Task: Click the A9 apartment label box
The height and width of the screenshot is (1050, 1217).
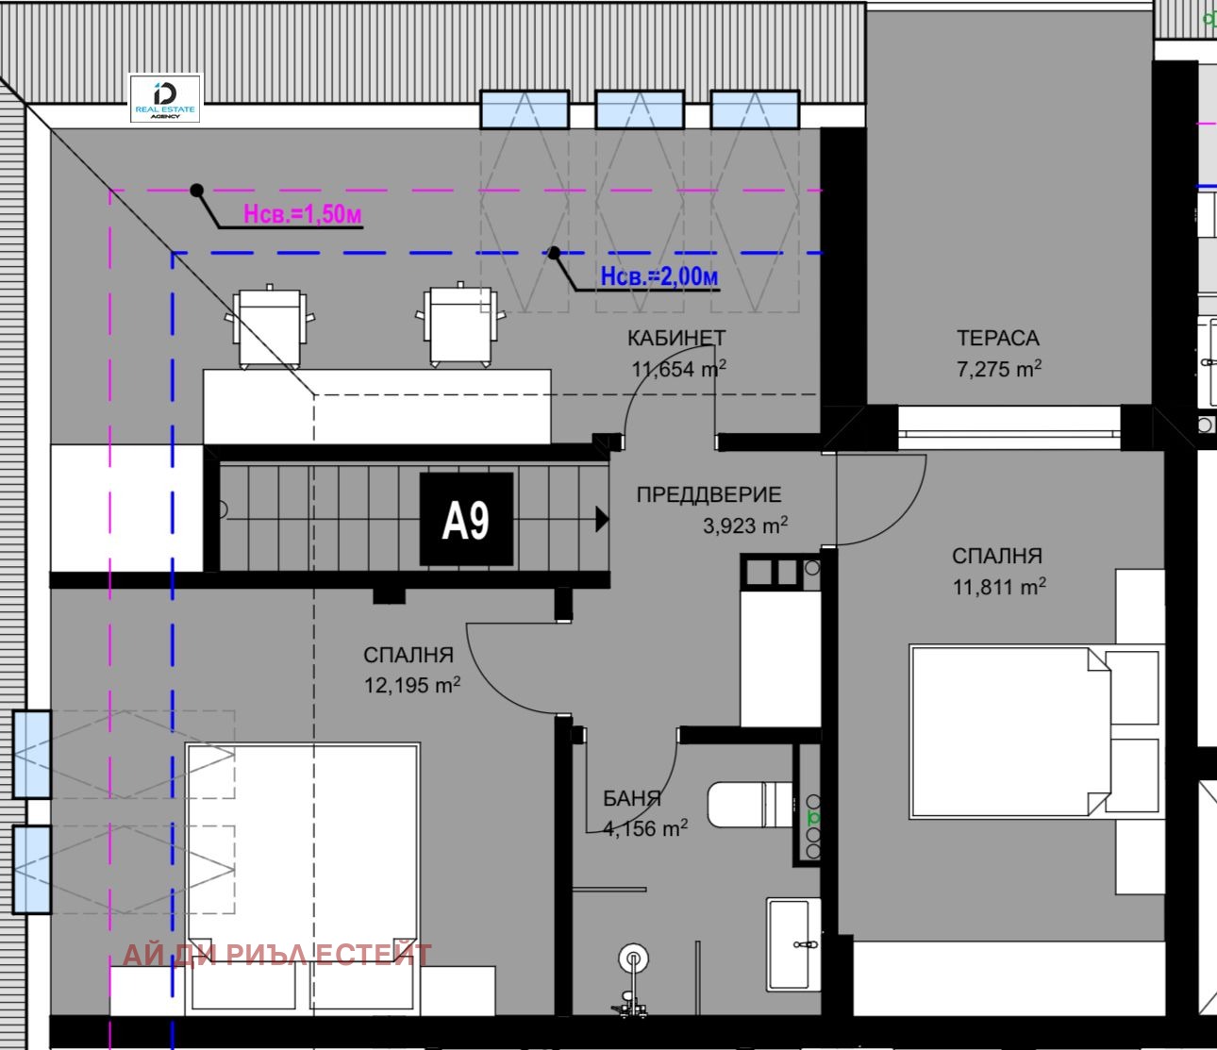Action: [466, 519]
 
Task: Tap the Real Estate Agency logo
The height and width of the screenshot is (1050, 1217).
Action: [165, 98]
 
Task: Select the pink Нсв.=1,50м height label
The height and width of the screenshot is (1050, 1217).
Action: [303, 214]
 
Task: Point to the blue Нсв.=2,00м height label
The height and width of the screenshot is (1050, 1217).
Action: [659, 276]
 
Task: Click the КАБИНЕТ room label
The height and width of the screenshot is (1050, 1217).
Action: [675, 338]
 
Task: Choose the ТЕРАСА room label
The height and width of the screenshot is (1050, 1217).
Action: [998, 338]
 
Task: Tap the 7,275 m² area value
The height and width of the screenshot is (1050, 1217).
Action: [998, 369]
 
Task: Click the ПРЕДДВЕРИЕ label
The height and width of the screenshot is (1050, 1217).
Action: [709, 494]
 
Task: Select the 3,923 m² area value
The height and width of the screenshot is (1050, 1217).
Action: [745, 525]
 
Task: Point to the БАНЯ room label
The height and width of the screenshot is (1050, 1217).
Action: [632, 798]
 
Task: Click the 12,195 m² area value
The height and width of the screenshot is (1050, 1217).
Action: [412, 685]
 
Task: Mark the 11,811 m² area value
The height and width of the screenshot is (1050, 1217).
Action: [999, 587]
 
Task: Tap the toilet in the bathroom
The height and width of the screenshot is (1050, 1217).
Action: [750, 805]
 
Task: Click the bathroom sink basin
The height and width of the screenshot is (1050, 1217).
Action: [792, 944]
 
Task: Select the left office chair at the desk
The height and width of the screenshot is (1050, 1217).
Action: [270, 326]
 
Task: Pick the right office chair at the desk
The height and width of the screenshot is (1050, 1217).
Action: [460, 325]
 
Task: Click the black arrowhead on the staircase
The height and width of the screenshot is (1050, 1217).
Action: [602, 519]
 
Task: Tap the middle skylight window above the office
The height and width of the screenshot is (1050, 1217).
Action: [640, 108]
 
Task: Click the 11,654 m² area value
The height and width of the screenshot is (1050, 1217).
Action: [679, 369]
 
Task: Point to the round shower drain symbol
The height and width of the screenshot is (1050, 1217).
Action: [633, 958]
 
